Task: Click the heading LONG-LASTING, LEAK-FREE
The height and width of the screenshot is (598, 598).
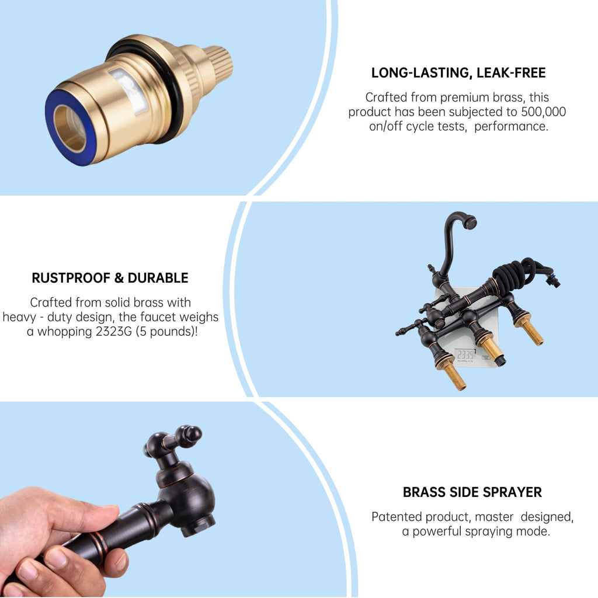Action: coord(458,72)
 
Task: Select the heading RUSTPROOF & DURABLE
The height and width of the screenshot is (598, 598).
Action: coord(110,277)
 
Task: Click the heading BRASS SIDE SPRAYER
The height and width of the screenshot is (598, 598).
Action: coord(472,492)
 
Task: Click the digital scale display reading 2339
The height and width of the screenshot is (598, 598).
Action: coord(465,355)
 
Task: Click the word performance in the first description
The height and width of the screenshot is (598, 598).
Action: coord(510,126)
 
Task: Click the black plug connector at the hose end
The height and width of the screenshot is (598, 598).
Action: coord(552,280)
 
